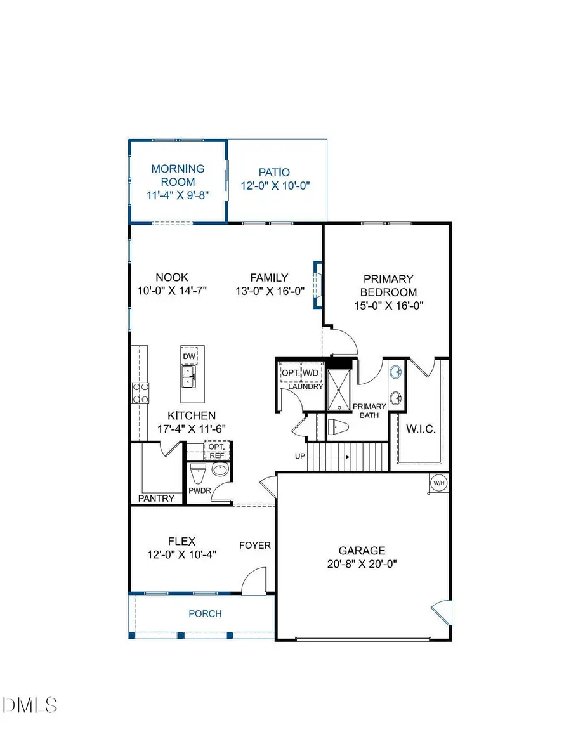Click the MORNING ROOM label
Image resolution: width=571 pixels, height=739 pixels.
(178, 174)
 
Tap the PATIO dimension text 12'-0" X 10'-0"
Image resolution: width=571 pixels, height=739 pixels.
(274, 186)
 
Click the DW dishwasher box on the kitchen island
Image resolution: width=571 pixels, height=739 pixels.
(189, 356)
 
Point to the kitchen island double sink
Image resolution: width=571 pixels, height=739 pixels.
(189, 381)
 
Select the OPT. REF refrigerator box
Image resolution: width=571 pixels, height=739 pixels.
(216, 451)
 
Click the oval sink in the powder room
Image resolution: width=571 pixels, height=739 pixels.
(220, 471)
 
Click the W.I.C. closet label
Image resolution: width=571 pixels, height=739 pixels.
(420, 429)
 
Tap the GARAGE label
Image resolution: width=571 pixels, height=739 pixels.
(361, 551)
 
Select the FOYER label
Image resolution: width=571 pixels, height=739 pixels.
(254, 545)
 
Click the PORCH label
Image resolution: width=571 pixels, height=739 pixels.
(205, 613)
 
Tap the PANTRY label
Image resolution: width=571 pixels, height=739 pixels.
(156, 498)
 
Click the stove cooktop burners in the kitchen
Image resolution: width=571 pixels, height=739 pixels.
(140, 393)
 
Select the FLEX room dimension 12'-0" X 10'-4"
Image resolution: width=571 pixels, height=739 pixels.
(181, 554)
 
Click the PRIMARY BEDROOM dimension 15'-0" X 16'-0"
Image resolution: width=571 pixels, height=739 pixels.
(388, 305)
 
